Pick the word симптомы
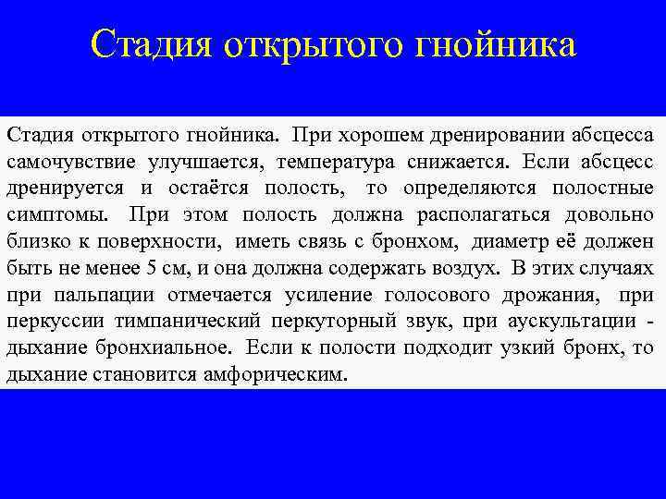pos(59,216)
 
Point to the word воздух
pos(462,270)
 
